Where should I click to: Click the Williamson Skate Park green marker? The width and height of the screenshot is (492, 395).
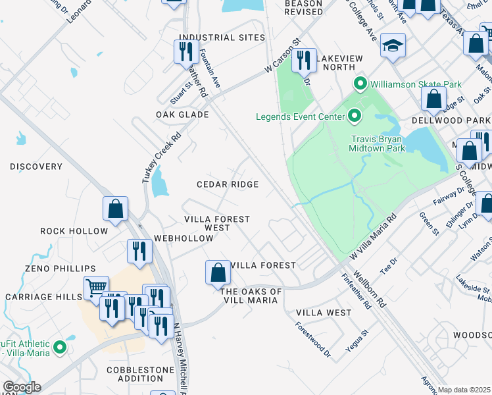coord(360,84)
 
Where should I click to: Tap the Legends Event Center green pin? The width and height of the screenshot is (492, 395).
coord(355,117)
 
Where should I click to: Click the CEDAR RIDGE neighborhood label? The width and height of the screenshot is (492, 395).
coord(228,185)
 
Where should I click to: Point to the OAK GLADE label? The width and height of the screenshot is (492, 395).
coord(182,115)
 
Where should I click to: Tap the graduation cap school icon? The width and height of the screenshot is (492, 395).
coord(393,45)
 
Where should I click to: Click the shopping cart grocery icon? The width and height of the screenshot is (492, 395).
coord(96,288)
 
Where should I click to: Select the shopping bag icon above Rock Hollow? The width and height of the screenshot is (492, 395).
coord(115,209)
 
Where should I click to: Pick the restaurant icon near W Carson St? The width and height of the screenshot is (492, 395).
coord(303,61)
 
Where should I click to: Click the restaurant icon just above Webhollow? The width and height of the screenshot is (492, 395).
coord(139,251)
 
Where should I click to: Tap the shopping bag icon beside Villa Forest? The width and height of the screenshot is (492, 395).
coord(218,273)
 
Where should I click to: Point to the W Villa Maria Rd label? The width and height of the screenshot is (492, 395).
coord(373,235)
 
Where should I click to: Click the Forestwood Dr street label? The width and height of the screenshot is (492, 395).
coord(312,339)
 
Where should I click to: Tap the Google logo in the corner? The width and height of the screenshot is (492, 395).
coord(22,387)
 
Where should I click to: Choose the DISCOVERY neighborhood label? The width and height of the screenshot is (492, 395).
coord(36,167)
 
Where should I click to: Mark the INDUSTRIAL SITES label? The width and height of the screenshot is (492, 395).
coord(222,38)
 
